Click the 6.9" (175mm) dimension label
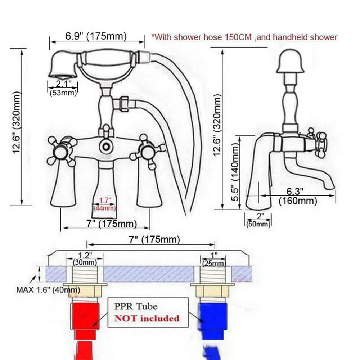pos(96,36)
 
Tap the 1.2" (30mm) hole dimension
pos(85,258)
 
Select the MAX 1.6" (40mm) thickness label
pos(49,290)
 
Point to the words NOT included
pos(147,318)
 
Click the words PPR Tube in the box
pos(136,306)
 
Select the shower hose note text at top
pos(244,37)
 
